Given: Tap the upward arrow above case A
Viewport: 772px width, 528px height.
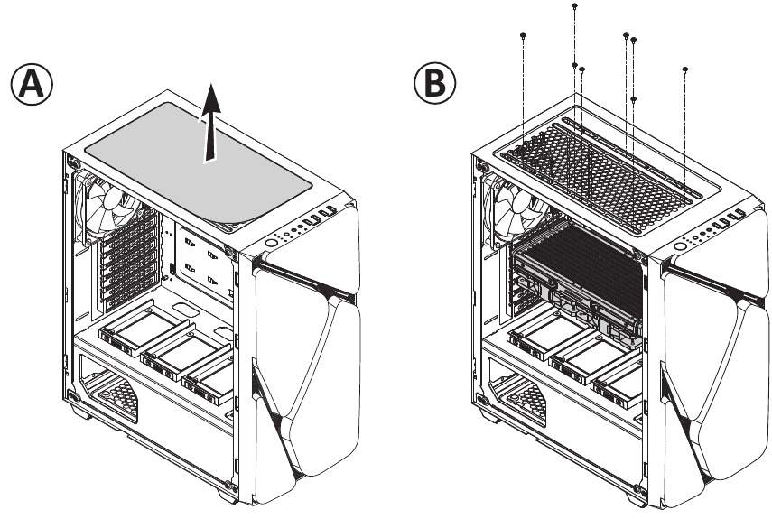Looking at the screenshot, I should tap(209, 121).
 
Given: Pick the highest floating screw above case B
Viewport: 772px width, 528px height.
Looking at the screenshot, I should tap(575, 6).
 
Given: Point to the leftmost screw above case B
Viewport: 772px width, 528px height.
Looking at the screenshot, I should tap(524, 35).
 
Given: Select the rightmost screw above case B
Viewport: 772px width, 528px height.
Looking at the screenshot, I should tap(685, 69).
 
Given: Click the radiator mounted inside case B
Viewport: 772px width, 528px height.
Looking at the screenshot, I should tap(578, 271).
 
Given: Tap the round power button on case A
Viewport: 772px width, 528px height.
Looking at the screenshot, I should tap(273, 244).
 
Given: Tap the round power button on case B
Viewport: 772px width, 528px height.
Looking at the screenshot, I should tap(679, 245).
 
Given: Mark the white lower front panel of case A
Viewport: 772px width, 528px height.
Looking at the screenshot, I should tap(302, 388).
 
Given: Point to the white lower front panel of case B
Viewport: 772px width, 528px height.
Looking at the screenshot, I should tap(713, 388).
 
